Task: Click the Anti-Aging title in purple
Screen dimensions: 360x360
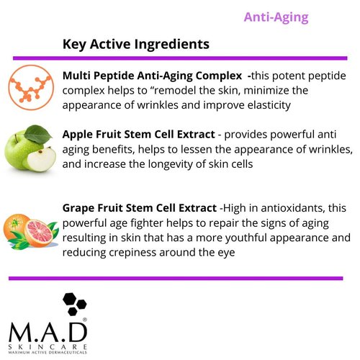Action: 276,17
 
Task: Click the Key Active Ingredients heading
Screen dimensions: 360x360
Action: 136,44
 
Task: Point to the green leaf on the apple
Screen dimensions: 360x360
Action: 38,133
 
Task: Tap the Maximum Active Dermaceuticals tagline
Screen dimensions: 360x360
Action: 48,352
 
